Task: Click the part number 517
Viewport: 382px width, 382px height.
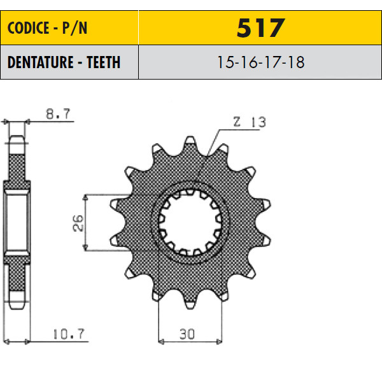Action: pyautogui.click(x=260, y=28)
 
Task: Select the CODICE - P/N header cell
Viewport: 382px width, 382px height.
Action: pyautogui.click(x=69, y=27)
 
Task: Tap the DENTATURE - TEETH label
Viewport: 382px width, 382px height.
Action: pyautogui.click(x=64, y=62)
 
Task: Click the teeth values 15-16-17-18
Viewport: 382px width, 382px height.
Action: pyautogui.click(x=260, y=62)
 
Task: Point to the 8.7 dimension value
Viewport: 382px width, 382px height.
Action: pyautogui.click(x=58, y=114)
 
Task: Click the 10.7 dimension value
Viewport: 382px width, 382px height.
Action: pyautogui.click(x=69, y=334)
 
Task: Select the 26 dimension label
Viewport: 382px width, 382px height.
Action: pyautogui.click(x=78, y=223)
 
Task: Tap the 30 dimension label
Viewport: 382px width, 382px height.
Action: pyautogui.click(x=187, y=334)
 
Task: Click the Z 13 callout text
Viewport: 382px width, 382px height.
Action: pyautogui.click(x=250, y=122)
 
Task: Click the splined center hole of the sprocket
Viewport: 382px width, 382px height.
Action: pyautogui.click(x=190, y=222)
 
